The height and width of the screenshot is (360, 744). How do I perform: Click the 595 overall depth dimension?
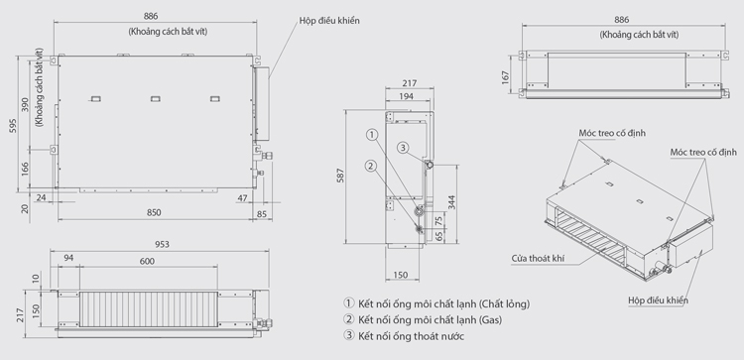tap(14, 125)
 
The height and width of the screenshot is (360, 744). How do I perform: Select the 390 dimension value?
tap(25, 105)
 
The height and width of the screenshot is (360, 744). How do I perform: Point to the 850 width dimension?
tap(154, 212)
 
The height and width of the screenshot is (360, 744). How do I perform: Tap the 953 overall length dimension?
tap(162, 244)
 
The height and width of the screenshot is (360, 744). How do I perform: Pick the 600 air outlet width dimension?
tap(147, 261)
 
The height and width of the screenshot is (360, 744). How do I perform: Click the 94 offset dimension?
tap(68, 258)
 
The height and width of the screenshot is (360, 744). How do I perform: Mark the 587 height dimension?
tap(340, 176)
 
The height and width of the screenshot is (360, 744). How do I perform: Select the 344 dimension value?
tap(451, 202)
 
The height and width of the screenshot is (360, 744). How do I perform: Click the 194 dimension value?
tap(406, 96)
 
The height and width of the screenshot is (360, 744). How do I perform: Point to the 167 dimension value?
tap(505, 77)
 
